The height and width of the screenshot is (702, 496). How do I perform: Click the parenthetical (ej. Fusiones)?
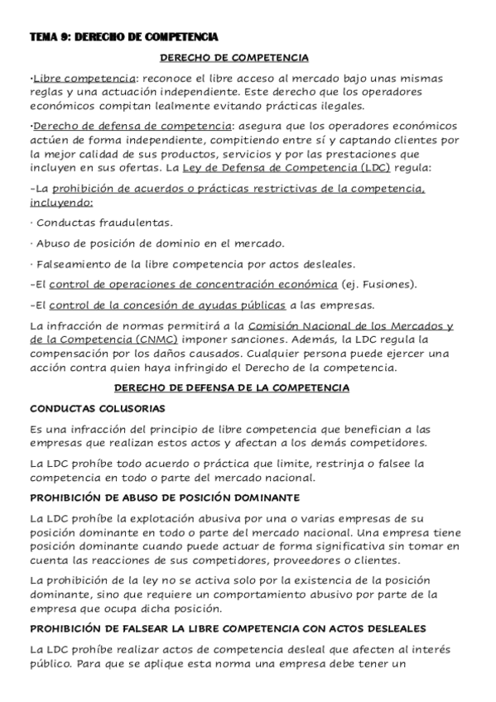point(380,284)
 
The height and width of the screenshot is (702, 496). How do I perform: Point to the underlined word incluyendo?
point(61,203)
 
